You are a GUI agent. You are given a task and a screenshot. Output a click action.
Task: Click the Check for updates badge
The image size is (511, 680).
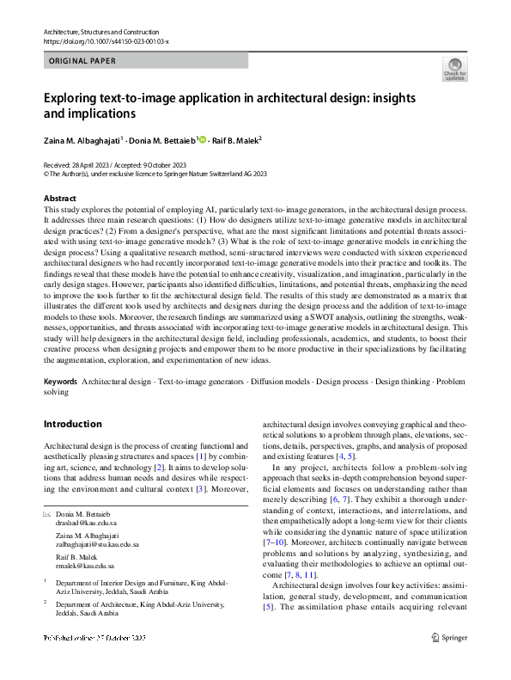[x=454, y=69]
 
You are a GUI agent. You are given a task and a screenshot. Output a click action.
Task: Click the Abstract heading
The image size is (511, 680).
[x=59, y=199]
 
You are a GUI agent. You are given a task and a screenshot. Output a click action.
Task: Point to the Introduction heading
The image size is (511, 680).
[x=72, y=424]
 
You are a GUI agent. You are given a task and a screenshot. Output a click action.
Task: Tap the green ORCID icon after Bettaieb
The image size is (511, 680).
[x=204, y=138]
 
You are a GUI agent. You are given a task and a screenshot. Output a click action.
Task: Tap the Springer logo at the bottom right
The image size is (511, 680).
[x=448, y=662]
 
